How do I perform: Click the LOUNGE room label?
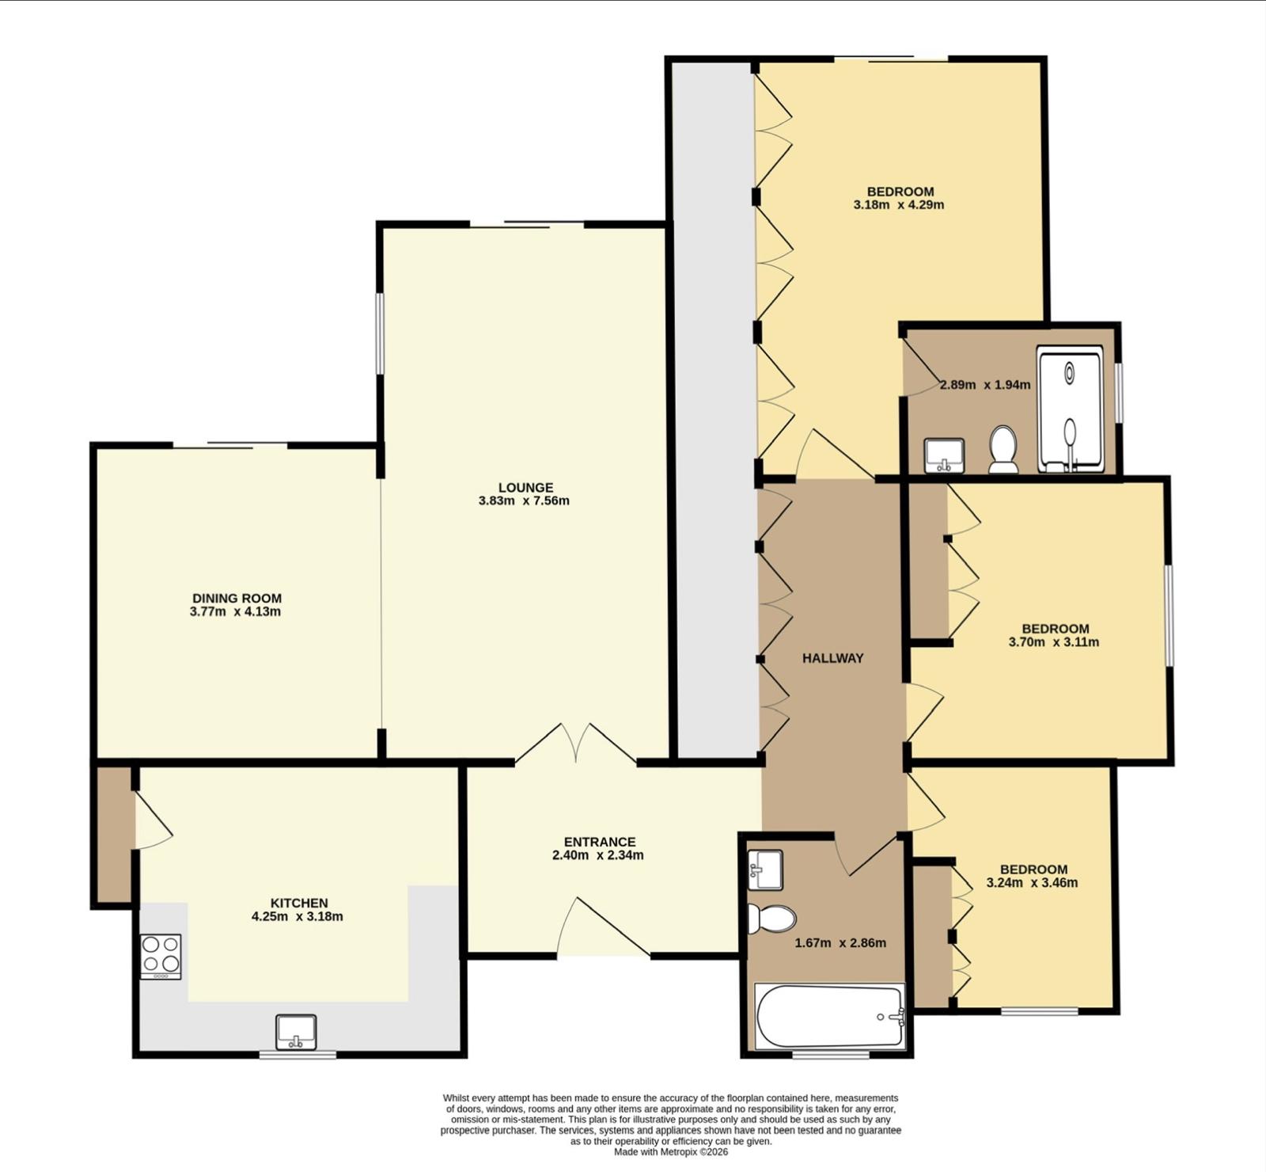pyautogui.click(x=525, y=488)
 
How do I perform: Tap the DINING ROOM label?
pyautogui.click(x=237, y=599)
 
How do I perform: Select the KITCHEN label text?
pyautogui.click(x=299, y=903)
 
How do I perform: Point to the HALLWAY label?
pyautogui.click(x=832, y=658)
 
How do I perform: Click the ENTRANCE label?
pyautogui.click(x=600, y=842)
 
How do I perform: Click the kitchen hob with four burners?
pyautogui.click(x=161, y=957)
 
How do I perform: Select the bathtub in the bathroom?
pyautogui.click(x=830, y=1017)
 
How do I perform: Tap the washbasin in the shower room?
pyautogui.click(x=944, y=455)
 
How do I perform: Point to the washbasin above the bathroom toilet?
pyautogui.click(x=764, y=869)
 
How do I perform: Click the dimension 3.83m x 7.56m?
pyautogui.click(x=524, y=500)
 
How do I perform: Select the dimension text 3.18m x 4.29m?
pyautogui.click(x=899, y=204)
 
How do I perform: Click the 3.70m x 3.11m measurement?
pyautogui.click(x=1054, y=642)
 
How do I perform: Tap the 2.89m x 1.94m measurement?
pyautogui.click(x=985, y=385)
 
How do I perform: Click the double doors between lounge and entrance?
pyautogui.click(x=576, y=744)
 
